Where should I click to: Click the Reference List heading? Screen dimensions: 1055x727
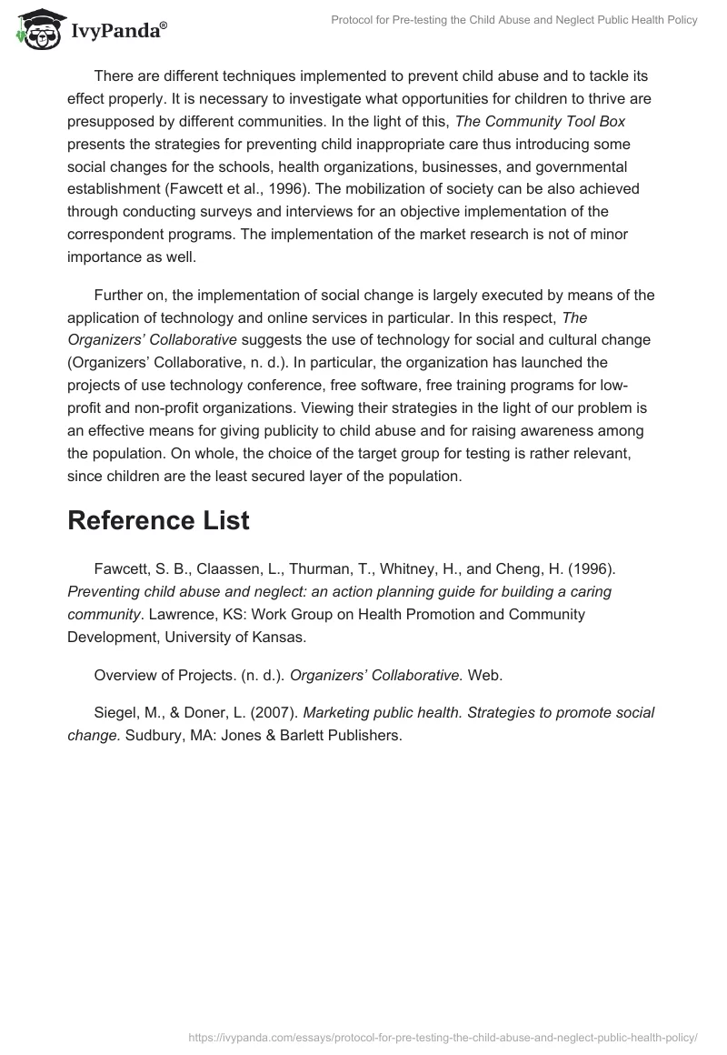pos(158,520)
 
